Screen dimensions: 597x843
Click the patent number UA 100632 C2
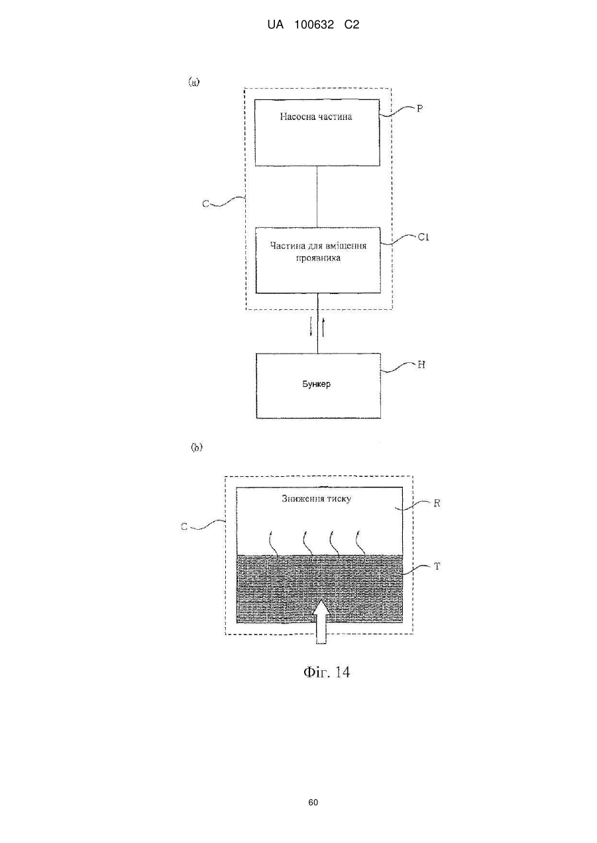coord(313,25)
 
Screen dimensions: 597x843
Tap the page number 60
coord(313,803)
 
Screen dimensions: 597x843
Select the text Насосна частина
coord(316,117)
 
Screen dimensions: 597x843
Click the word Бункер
coord(317,384)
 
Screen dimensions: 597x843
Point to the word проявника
coord(318,258)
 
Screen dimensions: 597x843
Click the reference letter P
coord(420,109)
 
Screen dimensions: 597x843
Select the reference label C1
coord(423,237)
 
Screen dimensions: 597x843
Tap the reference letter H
coord(421,365)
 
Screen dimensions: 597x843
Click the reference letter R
coord(437,503)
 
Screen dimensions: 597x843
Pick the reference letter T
coord(437,566)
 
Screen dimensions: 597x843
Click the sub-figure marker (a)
coord(193,82)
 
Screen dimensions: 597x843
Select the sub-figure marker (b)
coord(197,448)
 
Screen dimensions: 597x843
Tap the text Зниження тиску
coord(317,499)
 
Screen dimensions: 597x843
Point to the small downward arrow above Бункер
coord(311,326)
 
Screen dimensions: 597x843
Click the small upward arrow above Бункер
coord(323,326)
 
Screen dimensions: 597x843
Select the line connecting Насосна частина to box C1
coord(317,197)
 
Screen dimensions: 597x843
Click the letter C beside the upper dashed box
coord(205,204)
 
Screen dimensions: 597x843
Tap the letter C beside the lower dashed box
coord(184,527)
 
